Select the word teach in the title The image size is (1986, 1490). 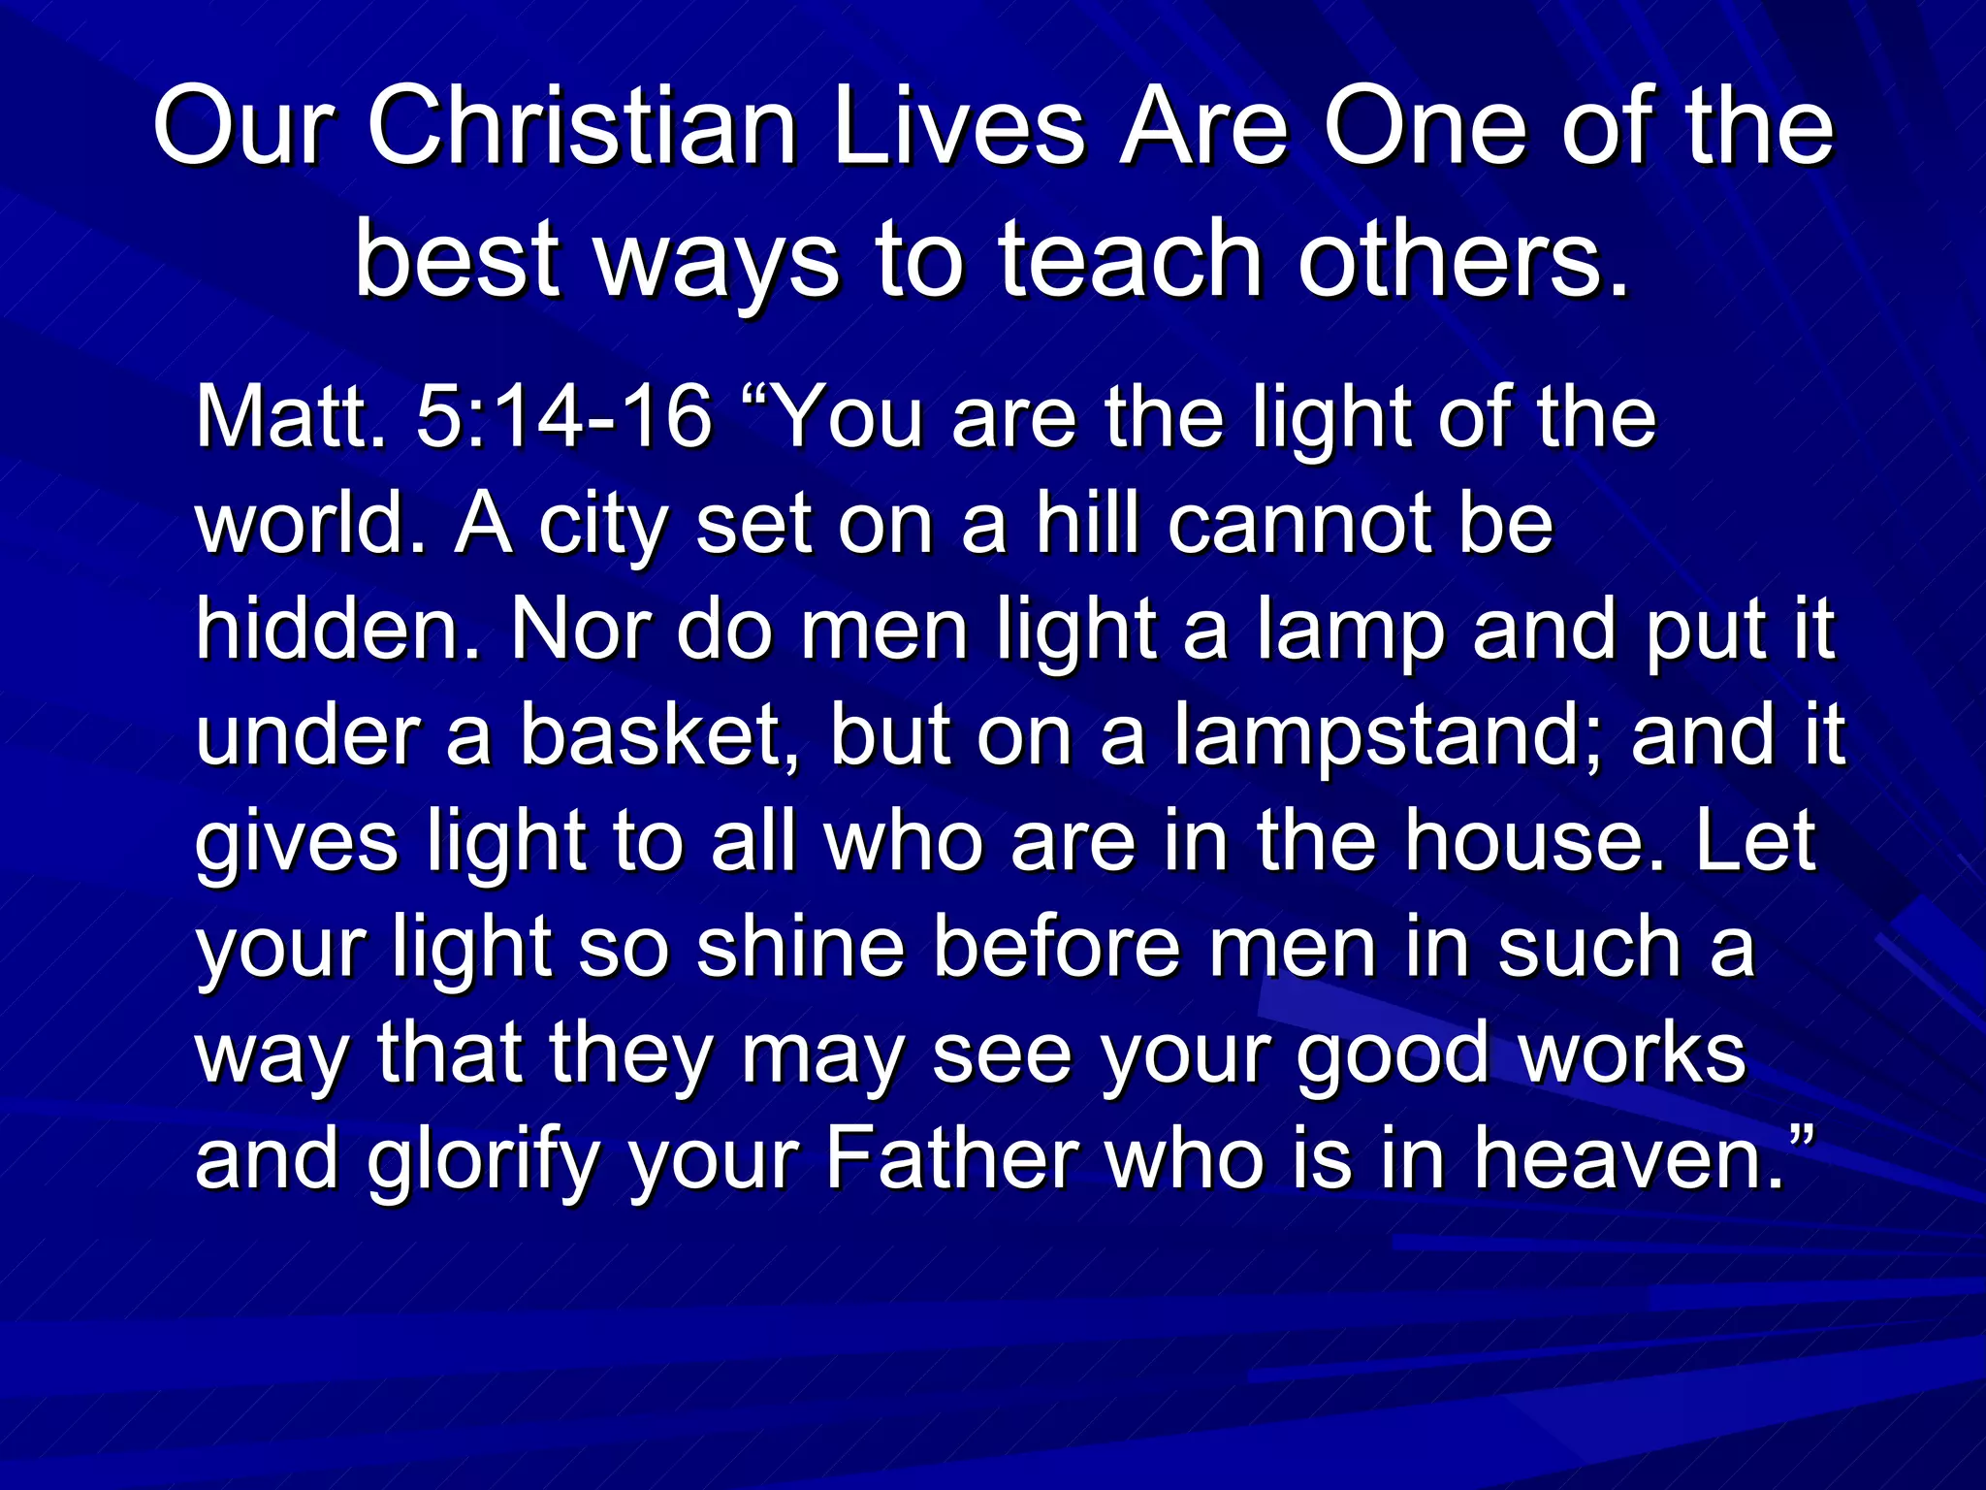(1131, 260)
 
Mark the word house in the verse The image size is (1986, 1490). (1541, 841)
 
